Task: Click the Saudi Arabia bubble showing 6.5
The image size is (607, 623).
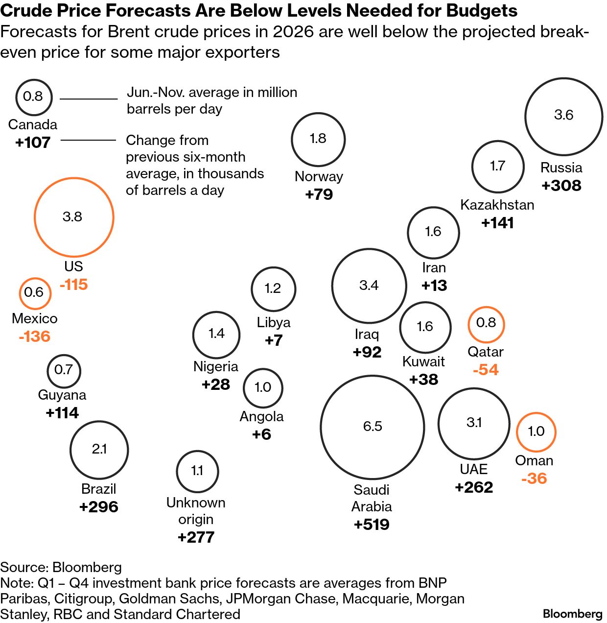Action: click(372, 427)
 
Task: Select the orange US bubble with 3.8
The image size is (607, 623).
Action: click(73, 217)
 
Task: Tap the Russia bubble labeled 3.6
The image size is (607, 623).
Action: click(563, 116)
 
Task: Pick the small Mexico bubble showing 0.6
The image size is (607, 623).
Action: click(34, 293)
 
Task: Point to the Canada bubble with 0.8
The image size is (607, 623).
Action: click(33, 96)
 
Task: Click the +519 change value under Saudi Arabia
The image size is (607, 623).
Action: click(372, 525)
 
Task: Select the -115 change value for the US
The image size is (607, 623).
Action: click(73, 285)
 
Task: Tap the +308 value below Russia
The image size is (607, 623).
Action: click(561, 186)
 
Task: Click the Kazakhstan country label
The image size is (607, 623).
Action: click(497, 205)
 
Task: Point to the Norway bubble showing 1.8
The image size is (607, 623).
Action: click(318, 139)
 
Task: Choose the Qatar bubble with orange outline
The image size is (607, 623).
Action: click(486, 324)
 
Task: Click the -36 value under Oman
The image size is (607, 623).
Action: click(534, 479)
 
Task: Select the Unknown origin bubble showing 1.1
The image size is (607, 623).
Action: click(197, 471)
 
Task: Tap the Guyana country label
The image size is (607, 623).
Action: click(62, 395)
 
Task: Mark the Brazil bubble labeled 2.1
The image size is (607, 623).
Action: click(99, 449)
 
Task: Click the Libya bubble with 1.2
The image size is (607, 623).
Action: click(273, 289)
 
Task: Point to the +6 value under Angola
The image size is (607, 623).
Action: click(261, 434)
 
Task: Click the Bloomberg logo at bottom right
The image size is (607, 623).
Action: click(572, 614)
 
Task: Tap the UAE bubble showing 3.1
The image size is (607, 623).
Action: click(474, 423)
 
